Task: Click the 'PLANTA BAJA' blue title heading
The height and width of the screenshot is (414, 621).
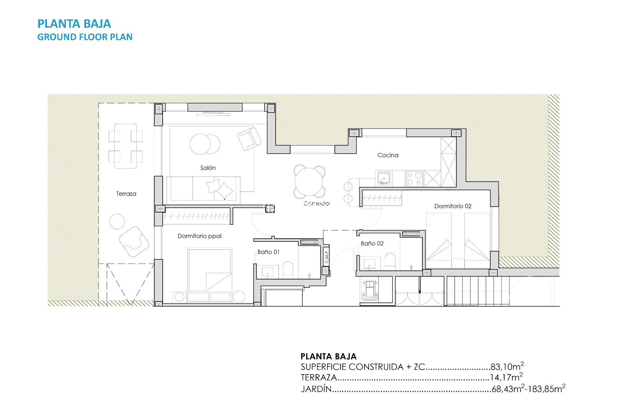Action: [74, 24]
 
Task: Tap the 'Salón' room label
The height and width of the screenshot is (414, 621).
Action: [208, 168]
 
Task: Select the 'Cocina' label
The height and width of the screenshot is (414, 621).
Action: [388, 155]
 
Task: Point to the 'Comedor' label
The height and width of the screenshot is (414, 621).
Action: [317, 203]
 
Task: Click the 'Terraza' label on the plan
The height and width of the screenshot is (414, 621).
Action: [126, 194]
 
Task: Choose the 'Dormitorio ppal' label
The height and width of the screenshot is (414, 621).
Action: [199, 236]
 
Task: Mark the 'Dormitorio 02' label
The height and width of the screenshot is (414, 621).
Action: [452, 206]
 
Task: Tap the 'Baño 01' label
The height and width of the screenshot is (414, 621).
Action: [268, 252]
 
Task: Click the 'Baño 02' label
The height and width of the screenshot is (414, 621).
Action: [372, 244]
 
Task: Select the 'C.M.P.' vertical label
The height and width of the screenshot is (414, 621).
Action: [326, 256]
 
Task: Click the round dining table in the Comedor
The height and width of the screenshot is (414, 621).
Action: [309, 182]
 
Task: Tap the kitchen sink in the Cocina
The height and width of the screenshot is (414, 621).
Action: [384, 178]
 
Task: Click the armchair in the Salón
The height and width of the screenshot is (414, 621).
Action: [249, 138]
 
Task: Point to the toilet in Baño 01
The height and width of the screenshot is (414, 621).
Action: [288, 270]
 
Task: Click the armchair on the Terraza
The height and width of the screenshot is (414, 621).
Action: [134, 242]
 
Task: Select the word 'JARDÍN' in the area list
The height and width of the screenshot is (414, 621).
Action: [316, 389]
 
